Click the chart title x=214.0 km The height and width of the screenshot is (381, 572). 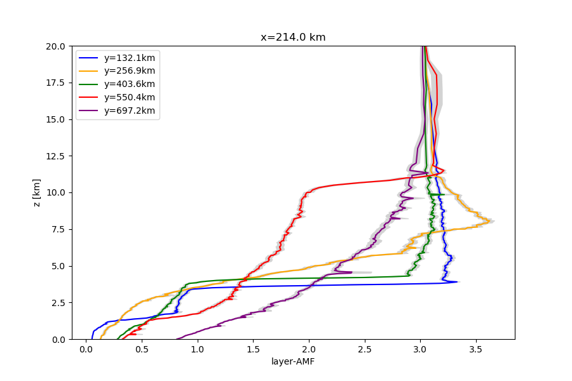click(x=293, y=37)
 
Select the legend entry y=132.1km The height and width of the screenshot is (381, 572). click(x=129, y=58)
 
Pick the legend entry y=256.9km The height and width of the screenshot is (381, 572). click(x=129, y=71)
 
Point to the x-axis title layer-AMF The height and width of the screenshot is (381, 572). click(x=293, y=362)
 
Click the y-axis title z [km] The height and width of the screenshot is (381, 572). click(x=37, y=192)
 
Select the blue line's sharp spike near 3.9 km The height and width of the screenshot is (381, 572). click(x=457, y=282)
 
